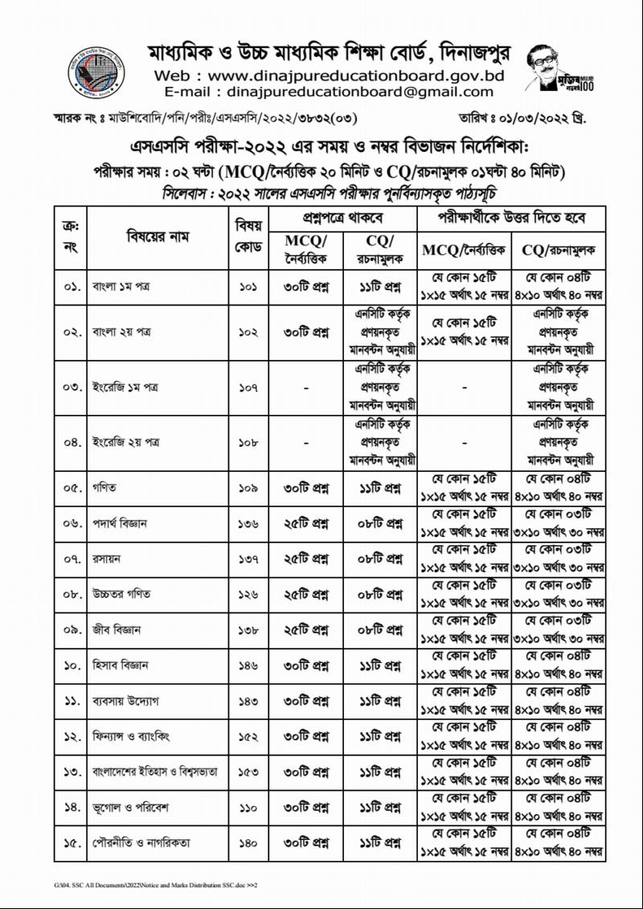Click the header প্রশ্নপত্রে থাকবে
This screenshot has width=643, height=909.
click(x=342, y=219)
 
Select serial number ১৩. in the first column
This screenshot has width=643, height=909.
click(x=71, y=772)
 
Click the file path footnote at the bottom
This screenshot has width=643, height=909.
click(x=150, y=884)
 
